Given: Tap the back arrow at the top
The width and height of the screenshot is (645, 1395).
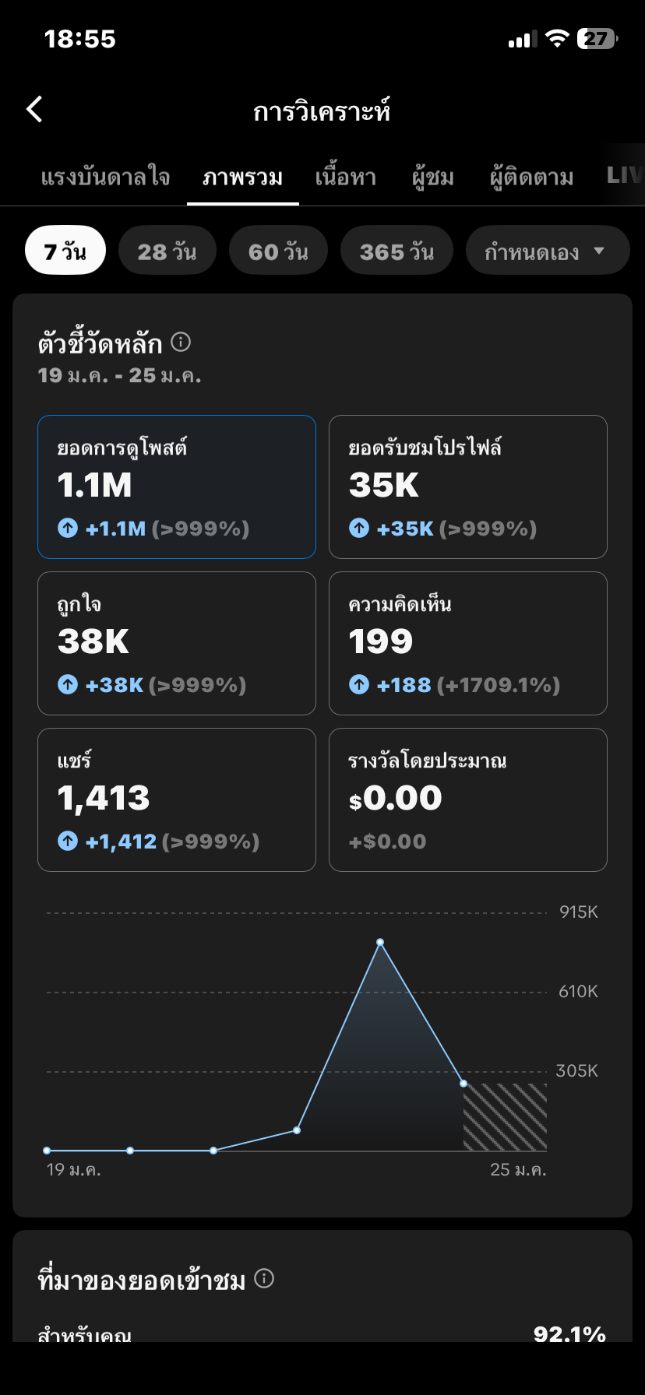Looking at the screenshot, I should pos(35,110).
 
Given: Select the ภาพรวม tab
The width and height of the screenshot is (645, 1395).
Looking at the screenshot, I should pos(242,177).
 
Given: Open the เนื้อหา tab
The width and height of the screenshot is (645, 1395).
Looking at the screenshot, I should pos(345,177).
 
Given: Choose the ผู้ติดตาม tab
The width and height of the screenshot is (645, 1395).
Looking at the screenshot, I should pos(531,177).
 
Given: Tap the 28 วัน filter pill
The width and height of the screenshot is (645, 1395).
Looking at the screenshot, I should pos(167,251).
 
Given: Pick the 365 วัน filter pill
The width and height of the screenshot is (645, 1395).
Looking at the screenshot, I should pos(397,251).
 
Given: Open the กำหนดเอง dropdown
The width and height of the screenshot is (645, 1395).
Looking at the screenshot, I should pos(546,251).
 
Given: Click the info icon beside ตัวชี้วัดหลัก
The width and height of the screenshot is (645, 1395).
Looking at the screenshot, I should pos(181,342).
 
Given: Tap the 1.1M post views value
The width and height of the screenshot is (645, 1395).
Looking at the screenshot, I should pos(95,486).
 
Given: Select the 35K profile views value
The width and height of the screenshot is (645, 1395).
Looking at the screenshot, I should pos(384,486).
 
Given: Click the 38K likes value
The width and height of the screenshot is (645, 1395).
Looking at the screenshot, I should pos(93,641).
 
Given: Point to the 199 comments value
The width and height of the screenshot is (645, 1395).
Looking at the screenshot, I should pos(381,641).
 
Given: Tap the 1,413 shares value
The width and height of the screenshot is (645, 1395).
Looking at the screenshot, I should pos(104,798).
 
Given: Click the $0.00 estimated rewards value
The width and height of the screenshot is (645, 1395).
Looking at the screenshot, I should pos(396,798).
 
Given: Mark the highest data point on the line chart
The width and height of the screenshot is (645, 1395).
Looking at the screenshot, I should pos(380,943).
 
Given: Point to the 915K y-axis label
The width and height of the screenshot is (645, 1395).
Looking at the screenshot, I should pos(578,912).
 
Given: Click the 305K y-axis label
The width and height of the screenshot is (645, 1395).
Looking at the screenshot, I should pos(576,1071).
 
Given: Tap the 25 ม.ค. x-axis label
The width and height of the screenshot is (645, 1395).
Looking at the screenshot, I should pos(518,1169).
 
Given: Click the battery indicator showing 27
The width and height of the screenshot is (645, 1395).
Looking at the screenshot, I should pos(597,39).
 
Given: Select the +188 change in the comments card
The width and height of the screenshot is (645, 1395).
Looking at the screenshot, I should pos(404,685).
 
